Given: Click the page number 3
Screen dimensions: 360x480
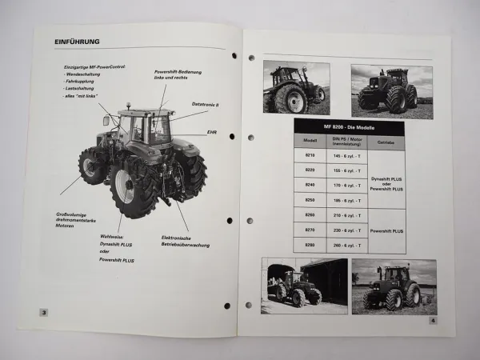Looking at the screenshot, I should tap(44, 312).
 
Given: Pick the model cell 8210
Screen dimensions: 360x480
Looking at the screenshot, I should tap(309, 155).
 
